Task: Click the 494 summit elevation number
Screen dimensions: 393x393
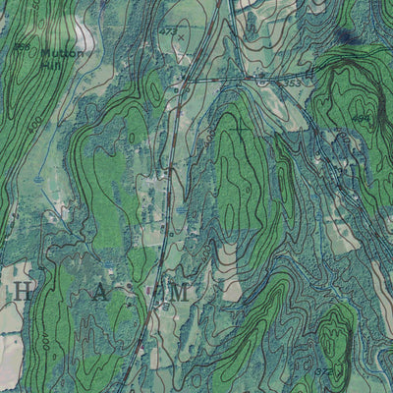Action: pyautogui.click(x=361, y=119)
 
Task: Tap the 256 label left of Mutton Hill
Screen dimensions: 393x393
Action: pyautogui.click(x=22, y=45)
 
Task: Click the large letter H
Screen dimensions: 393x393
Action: pyautogui.click(x=23, y=291)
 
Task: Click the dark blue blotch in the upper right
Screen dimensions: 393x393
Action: pyautogui.click(x=344, y=37)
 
